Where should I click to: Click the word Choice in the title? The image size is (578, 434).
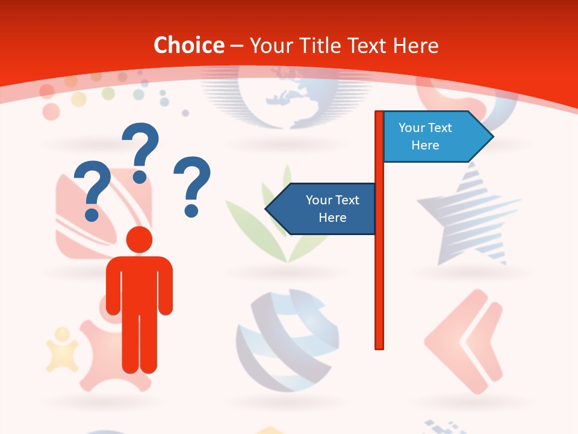point(188,45)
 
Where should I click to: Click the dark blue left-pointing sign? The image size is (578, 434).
point(325,209)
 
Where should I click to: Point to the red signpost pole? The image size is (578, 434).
point(379,271)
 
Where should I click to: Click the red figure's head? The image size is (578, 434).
point(139,239)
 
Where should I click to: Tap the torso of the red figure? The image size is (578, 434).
point(139,283)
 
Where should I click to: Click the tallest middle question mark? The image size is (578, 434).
point(141,151)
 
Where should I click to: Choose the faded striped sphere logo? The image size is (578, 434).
point(287,341)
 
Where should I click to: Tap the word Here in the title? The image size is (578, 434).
point(416,45)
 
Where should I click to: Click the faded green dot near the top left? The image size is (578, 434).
point(108,93)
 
